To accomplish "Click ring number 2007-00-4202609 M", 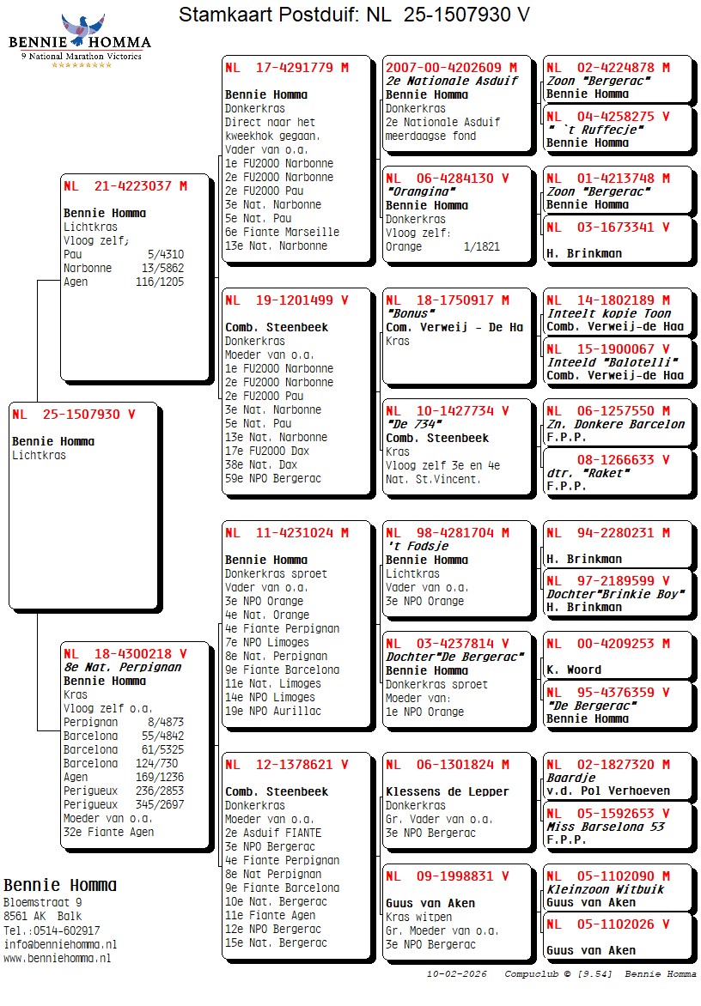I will [451, 67].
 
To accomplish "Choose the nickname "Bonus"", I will [408, 313].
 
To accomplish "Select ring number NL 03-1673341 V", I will [607, 227].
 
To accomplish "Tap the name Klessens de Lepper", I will [447, 791].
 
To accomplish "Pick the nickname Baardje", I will [571, 778].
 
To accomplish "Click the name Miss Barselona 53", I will [606, 827].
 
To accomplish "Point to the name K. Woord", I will [574, 670].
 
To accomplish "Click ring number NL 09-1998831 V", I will [447, 876].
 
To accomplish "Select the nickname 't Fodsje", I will [417, 546].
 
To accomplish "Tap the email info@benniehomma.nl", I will [60, 944].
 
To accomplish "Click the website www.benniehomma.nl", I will [57, 958].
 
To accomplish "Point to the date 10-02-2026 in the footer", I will [457, 974].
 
